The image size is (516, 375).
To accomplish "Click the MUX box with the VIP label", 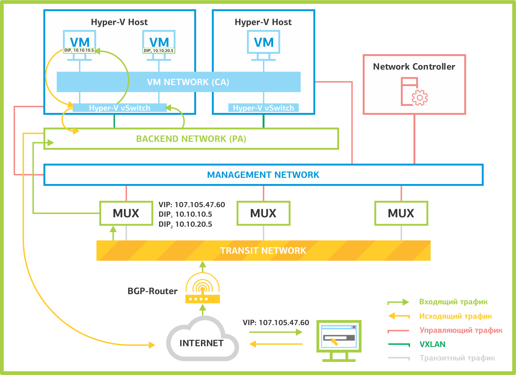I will tap(126, 213).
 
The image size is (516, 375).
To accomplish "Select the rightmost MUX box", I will tap(401, 213).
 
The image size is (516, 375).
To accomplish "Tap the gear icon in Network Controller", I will tap(420, 98).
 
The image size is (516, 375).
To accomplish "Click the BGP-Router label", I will tap(152, 291).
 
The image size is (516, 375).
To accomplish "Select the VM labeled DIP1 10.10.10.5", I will tap(80, 43).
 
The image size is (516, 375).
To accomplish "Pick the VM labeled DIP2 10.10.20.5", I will tap(159, 43).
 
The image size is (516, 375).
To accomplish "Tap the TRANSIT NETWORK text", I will tap(263, 251).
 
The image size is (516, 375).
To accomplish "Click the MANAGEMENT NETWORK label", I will tap(263, 175).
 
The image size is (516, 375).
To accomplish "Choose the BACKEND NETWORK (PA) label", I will tap(191, 139).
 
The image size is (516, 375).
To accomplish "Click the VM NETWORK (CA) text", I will tap(188, 82).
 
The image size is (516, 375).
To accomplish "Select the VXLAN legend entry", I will tap(432, 344).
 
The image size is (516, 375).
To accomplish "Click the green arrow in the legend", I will tap(398, 302).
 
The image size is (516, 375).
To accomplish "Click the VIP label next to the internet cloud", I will tap(276, 323).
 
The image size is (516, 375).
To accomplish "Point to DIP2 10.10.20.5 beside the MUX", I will tap(185, 224).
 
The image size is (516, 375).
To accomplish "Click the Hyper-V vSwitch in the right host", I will tap(263, 108).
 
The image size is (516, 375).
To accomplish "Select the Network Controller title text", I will tap(414, 67).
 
